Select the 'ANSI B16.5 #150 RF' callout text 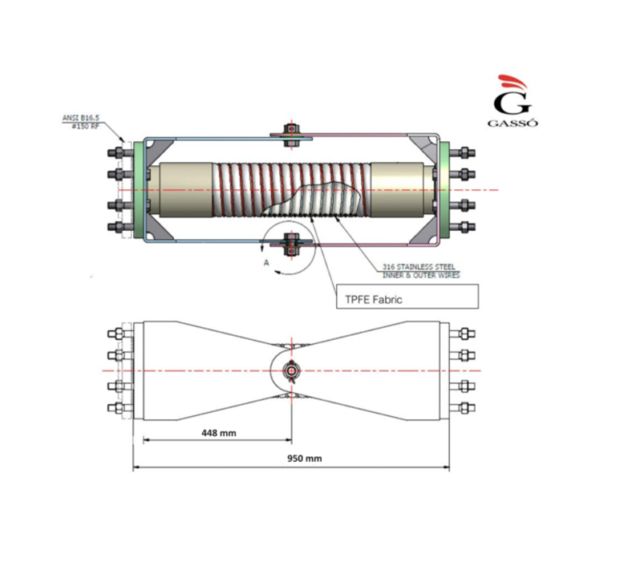point(80,122)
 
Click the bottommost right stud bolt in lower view point(465,407)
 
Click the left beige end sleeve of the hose point(184,189)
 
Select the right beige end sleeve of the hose point(398,189)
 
